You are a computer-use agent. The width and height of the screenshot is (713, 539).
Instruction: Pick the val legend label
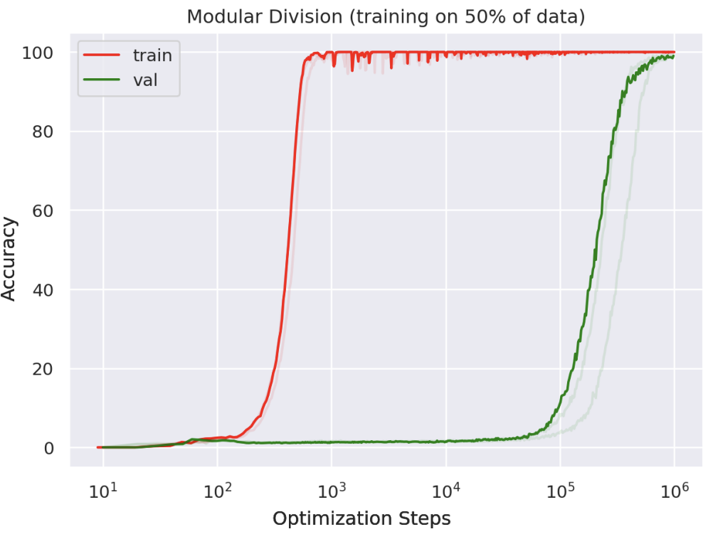tap(145, 80)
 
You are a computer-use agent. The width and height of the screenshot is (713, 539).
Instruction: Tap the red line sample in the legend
tap(102, 54)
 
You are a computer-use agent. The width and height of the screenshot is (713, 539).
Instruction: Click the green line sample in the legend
tap(102, 80)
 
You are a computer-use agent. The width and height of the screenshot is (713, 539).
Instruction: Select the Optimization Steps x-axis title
tap(361, 519)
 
